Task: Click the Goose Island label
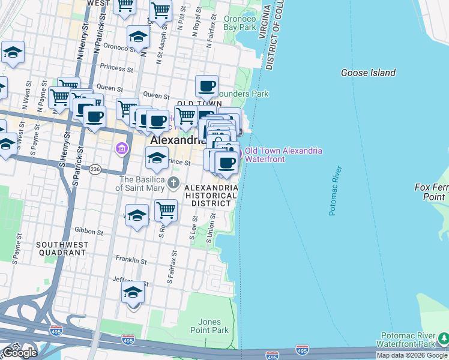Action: [x=368, y=73]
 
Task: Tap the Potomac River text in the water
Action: [x=334, y=190]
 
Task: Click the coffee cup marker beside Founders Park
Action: [x=206, y=86]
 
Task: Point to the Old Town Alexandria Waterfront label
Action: [x=283, y=154]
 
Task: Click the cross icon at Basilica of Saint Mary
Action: [x=174, y=182]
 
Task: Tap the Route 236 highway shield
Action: [x=95, y=170]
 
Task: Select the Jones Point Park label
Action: [x=213, y=326]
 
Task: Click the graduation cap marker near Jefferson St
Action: [x=133, y=292]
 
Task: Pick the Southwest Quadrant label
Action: [x=61, y=248]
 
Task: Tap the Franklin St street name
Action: [x=131, y=260]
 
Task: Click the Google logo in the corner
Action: [x=20, y=353]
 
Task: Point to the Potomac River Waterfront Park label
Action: [x=411, y=340]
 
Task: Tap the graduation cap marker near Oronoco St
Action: [x=138, y=37]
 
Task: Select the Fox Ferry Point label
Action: [x=431, y=192]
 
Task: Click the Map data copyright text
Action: [x=412, y=355]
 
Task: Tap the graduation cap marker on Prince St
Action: [x=156, y=158]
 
